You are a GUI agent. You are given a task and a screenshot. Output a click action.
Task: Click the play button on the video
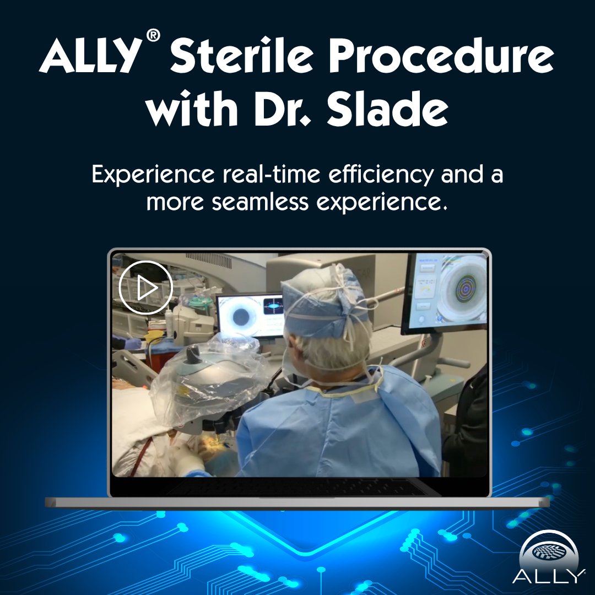coord(146,288)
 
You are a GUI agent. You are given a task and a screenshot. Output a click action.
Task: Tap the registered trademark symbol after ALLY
coord(154,36)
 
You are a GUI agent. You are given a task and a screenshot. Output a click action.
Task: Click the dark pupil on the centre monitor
coord(241,317)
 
